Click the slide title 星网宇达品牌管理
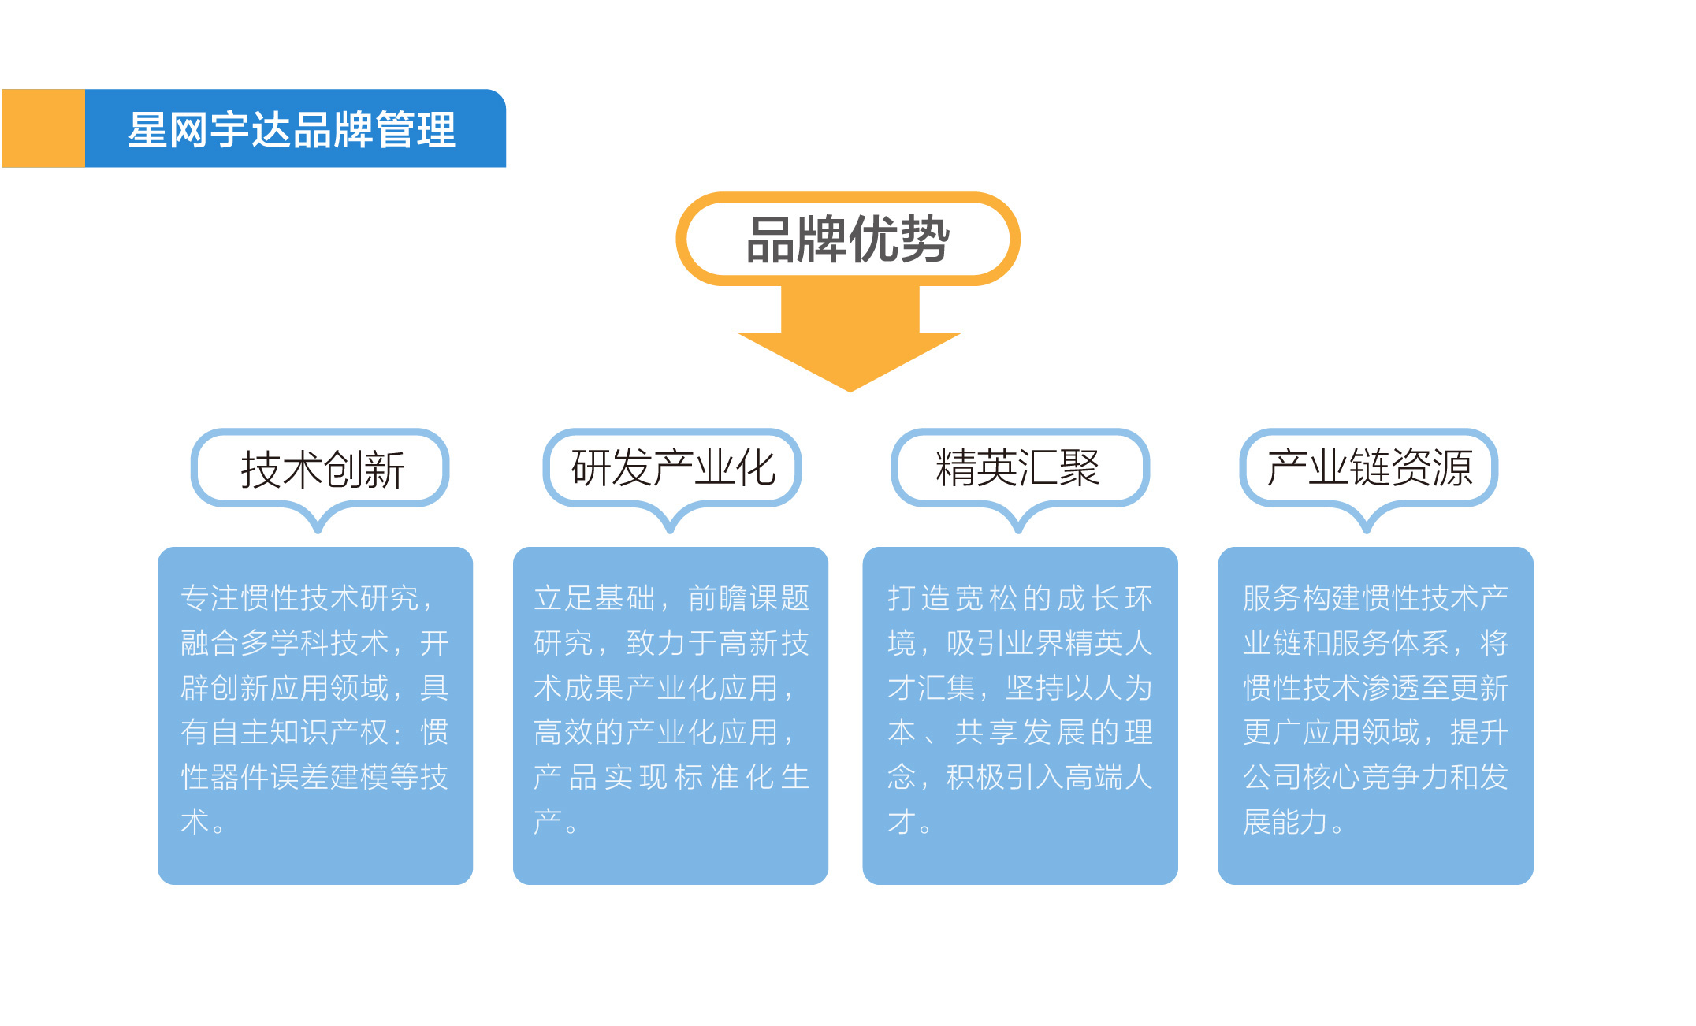click(292, 129)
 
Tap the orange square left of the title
click(43, 128)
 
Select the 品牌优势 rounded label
click(848, 239)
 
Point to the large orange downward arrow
click(850, 339)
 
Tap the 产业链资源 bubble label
click(1369, 468)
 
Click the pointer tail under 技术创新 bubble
click(318, 520)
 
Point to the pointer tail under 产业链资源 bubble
click(1367, 520)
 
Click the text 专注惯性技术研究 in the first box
click(299, 598)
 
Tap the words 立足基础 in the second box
click(594, 598)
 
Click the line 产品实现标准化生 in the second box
click(671, 778)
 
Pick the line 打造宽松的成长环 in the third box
click(1020, 598)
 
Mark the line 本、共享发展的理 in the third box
click(1020, 733)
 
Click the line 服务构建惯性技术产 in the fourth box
click(1375, 598)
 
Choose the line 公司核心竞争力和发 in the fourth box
click(1375, 778)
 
